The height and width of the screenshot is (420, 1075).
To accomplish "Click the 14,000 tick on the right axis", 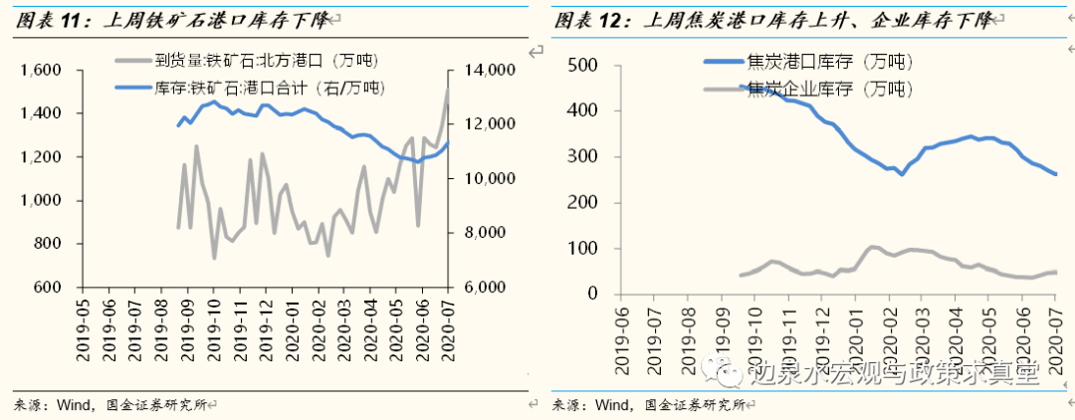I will [x=487, y=71].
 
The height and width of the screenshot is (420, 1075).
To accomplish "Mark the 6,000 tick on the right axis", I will [x=487, y=288].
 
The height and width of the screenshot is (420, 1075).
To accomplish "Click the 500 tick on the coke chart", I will [x=581, y=65].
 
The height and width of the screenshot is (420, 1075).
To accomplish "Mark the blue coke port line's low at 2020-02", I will [x=902, y=174].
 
